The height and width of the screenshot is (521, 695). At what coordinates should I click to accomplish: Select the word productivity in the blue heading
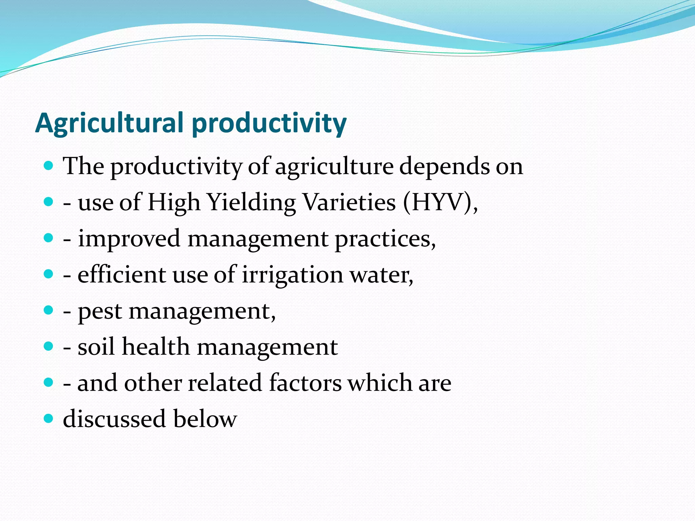pos(269,123)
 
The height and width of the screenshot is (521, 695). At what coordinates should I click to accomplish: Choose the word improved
pos(129,239)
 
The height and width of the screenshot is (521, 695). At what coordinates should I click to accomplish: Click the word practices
pos(385,239)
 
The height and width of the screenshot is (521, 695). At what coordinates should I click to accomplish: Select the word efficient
pos(122,275)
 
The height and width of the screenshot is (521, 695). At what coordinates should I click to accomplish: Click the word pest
pos(100,311)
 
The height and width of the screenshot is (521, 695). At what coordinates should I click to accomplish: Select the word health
pos(156,347)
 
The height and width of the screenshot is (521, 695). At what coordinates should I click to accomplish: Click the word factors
pos(305,383)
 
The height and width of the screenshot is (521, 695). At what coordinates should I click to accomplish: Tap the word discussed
pos(114,419)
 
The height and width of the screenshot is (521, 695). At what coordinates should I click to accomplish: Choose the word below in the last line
pos(205,419)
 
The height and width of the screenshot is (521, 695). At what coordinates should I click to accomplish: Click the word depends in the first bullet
pos(444,167)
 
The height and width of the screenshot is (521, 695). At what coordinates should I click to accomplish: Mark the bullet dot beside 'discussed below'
pos(49,419)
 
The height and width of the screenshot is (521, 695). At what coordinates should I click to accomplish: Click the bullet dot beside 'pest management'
pos(49,310)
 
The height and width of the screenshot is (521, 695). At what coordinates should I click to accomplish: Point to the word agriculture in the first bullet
pos(334,167)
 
